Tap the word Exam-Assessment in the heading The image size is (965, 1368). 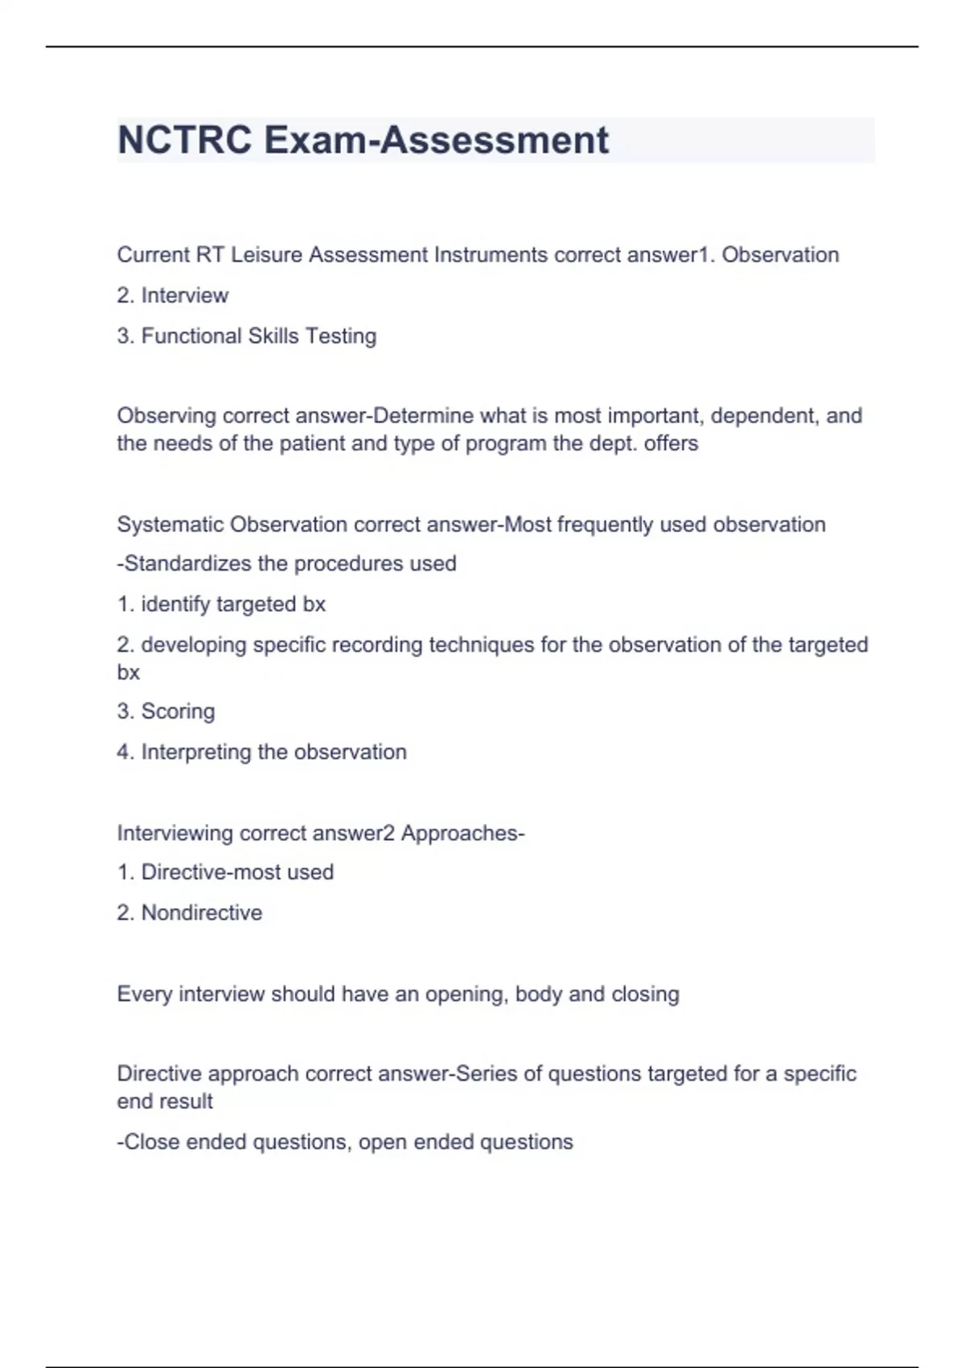pos(436,140)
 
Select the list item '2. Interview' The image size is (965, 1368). pos(173,295)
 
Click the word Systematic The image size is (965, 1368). pos(170,525)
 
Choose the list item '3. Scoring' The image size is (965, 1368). pos(166,711)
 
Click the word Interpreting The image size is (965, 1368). pos(196,752)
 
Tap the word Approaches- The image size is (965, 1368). pos(462,833)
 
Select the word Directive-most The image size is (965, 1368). pos(213,872)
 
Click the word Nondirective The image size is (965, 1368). pos(201,913)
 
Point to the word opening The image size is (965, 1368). pos(465,994)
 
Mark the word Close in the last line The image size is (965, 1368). pos(151,1142)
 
